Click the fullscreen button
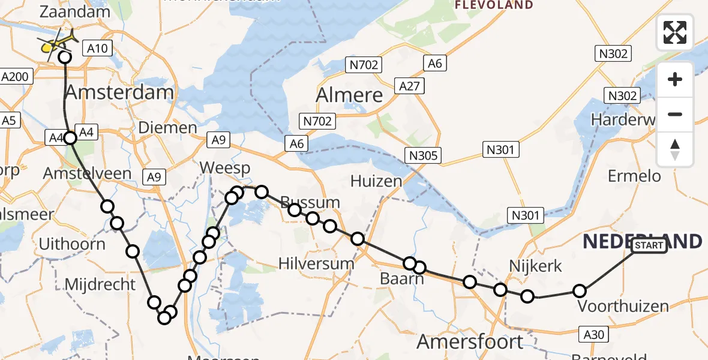coord(675,32)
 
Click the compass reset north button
coord(675,149)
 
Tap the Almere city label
coord(349,95)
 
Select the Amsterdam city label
coord(119,92)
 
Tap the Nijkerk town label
coord(535,266)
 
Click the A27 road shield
coord(411,86)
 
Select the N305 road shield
coord(424,156)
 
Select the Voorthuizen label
coord(623,307)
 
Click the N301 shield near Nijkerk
coord(525,214)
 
